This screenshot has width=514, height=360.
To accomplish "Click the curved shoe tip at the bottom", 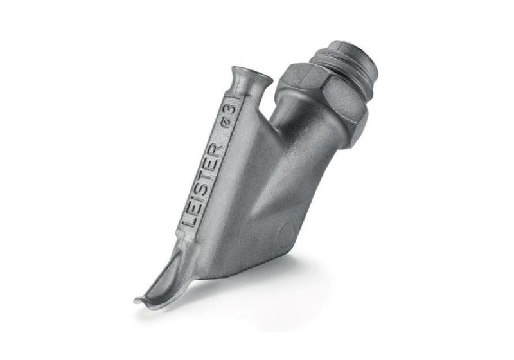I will tap(161, 283).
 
